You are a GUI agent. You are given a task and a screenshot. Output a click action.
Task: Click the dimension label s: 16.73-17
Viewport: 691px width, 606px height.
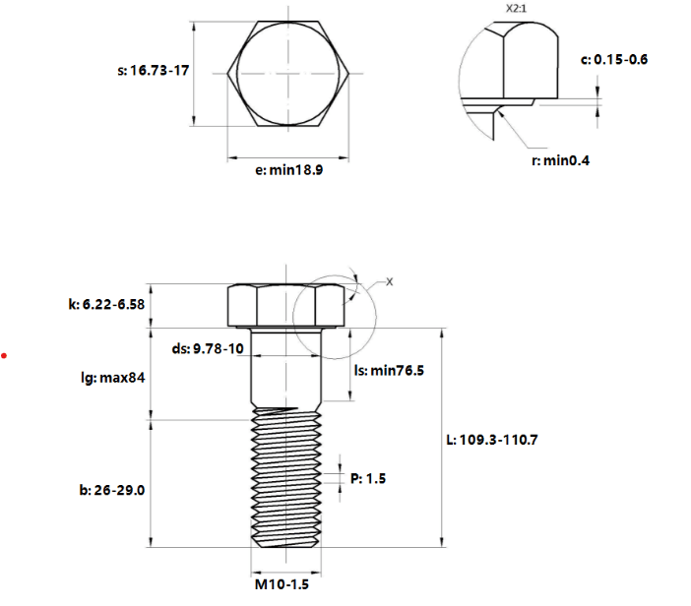pyautogui.click(x=154, y=71)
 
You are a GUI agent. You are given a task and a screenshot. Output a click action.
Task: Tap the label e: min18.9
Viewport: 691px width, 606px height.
pyautogui.click(x=289, y=170)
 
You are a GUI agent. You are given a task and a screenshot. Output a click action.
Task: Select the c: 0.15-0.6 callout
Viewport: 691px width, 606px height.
pyautogui.click(x=614, y=59)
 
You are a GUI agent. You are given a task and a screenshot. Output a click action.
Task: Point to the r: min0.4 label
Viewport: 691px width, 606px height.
pyautogui.click(x=560, y=160)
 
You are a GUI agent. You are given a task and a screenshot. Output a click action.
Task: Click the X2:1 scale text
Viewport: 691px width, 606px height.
pyautogui.click(x=516, y=9)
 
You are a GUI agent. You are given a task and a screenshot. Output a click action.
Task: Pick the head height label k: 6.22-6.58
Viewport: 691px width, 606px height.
pyautogui.click(x=106, y=304)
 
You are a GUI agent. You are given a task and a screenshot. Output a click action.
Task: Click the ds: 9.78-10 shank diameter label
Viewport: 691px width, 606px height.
pyautogui.click(x=208, y=349)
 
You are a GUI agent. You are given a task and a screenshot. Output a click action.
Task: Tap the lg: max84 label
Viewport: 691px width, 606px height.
pyautogui.click(x=113, y=378)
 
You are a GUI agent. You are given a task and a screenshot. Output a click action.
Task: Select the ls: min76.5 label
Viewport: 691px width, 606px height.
pyautogui.click(x=389, y=370)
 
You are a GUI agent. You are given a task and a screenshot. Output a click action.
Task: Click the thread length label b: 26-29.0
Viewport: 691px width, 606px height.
pyautogui.click(x=112, y=490)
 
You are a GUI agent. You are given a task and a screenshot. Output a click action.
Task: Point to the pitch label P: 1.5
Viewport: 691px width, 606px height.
pyautogui.click(x=368, y=478)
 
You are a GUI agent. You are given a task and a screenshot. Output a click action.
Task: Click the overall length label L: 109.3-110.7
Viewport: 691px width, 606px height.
pyautogui.click(x=492, y=440)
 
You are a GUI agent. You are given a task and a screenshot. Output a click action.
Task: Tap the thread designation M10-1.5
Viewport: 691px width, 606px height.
pyautogui.click(x=283, y=584)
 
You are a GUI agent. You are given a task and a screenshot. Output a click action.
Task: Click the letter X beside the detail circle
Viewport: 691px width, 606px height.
pyautogui.click(x=389, y=282)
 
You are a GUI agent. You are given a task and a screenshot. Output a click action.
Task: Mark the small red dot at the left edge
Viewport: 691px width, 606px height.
pyautogui.click(x=4, y=355)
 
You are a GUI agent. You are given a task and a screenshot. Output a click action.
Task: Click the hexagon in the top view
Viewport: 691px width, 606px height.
pyautogui.click(x=227, y=73)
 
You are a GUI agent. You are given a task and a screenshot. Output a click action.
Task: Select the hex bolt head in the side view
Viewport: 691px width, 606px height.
pyautogui.click(x=286, y=306)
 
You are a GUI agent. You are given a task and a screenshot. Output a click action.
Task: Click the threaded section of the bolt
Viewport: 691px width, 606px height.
pyautogui.click(x=286, y=478)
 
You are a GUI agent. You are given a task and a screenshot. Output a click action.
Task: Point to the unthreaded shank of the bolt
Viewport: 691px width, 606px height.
pyautogui.click(x=286, y=368)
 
